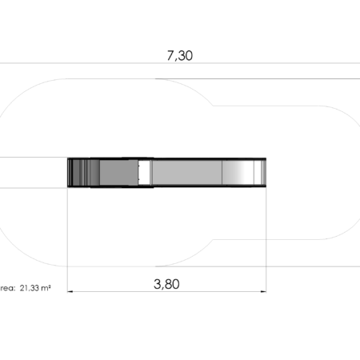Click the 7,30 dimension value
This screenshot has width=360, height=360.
tap(180, 56)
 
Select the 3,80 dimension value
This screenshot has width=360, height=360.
tap(166, 284)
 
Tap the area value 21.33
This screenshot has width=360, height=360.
tap(30, 288)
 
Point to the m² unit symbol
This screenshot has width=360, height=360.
tap(46, 288)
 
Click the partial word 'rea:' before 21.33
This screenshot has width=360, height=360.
tap(8, 288)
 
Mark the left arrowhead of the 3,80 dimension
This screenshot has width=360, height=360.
tap(70, 291)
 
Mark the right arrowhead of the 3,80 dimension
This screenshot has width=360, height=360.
tap(263, 291)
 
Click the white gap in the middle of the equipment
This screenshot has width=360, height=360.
tap(144, 172)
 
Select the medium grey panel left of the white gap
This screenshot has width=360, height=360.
tap(119, 172)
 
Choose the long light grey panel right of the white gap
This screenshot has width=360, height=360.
tap(187, 172)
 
